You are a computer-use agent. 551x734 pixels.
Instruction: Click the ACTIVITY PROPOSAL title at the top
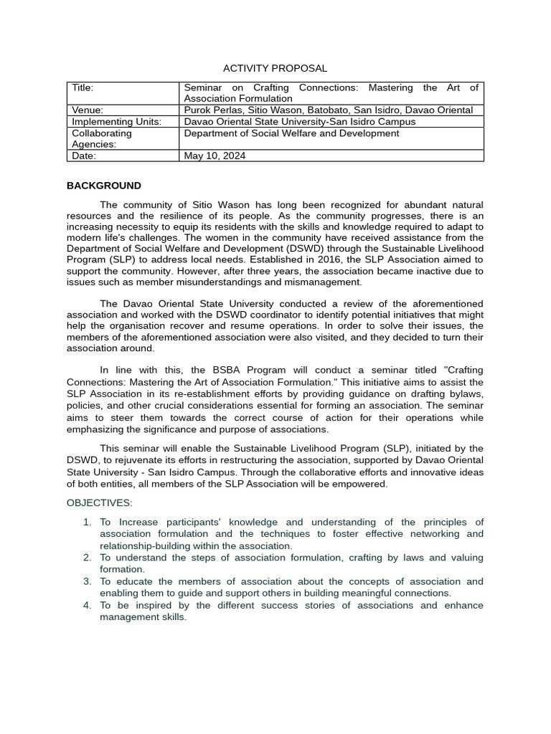click(275, 68)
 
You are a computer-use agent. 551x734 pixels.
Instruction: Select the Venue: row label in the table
click(88, 110)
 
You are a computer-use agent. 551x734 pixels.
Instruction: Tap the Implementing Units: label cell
click(116, 121)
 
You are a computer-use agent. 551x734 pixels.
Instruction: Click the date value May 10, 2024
click(215, 156)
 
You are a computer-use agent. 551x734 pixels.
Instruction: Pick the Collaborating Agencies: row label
click(102, 138)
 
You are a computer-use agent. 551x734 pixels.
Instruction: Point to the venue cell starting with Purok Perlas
click(328, 110)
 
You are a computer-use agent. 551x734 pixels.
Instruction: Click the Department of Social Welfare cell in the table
click(291, 133)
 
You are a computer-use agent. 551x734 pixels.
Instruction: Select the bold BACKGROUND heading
click(104, 186)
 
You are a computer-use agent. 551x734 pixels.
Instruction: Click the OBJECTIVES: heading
click(100, 502)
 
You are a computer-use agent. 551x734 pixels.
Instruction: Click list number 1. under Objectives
click(87, 522)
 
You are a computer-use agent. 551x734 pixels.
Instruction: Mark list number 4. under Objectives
click(87, 605)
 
